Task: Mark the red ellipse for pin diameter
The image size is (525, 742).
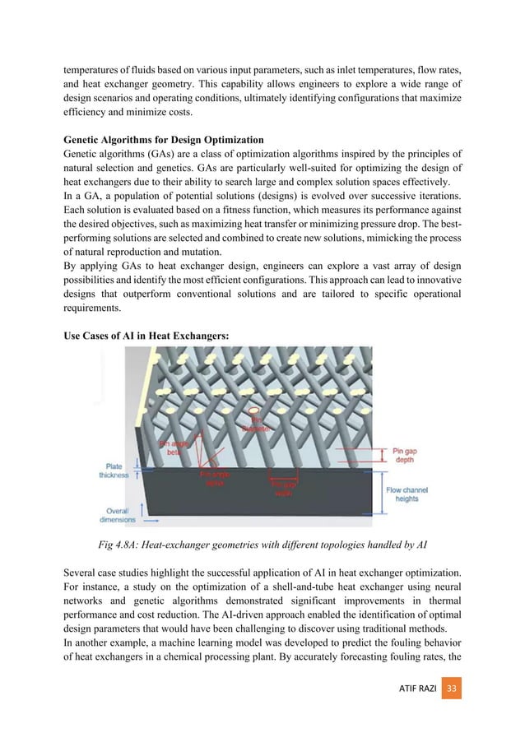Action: (x=255, y=410)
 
